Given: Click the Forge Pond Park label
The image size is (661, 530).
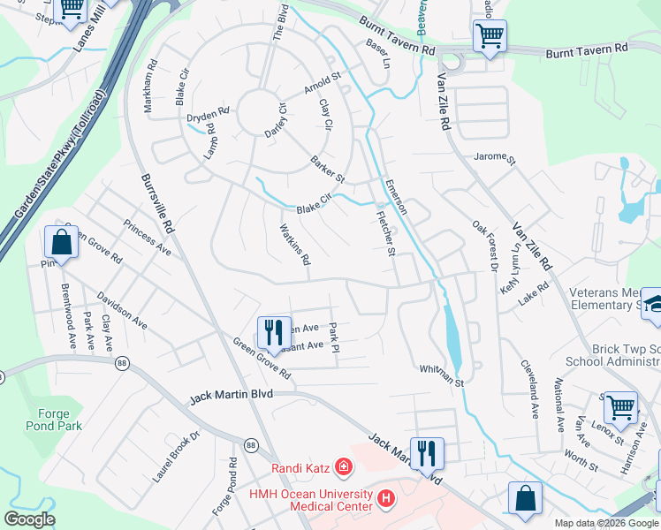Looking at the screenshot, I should click(x=59, y=419).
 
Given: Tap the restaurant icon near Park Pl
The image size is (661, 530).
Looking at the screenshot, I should click(x=274, y=332).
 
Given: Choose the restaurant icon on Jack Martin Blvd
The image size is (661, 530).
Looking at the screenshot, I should click(x=427, y=453).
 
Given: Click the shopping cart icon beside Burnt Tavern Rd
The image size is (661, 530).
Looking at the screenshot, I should click(x=490, y=37).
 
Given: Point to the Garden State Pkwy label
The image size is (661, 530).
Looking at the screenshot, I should click(x=58, y=155).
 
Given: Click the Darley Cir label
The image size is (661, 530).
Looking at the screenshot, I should click(x=277, y=122).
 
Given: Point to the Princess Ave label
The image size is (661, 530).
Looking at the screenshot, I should click(x=147, y=237).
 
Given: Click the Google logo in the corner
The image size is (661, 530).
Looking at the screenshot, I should click(x=29, y=519).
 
